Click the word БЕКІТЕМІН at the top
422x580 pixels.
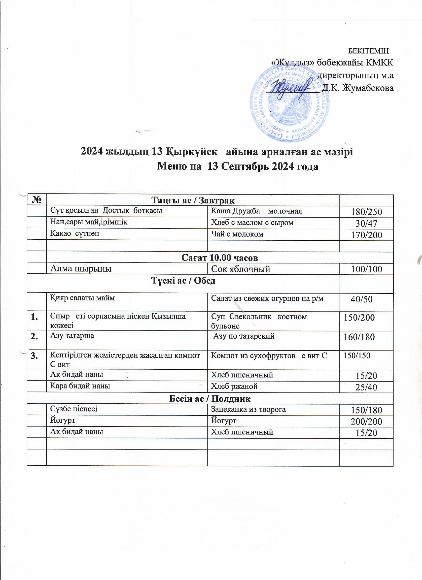(x=369, y=51)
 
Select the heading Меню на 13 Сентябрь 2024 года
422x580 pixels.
(x=238, y=166)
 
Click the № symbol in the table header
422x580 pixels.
(x=37, y=200)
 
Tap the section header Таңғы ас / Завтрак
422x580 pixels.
(x=193, y=200)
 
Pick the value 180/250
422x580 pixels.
(x=366, y=212)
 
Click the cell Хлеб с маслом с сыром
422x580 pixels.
(x=252, y=223)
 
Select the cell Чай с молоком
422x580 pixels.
(x=237, y=234)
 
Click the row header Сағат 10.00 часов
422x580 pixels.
(x=220, y=258)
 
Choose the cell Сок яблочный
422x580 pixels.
(x=241, y=269)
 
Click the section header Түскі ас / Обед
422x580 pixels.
(x=183, y=281)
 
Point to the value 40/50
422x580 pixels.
(x=361, y=299)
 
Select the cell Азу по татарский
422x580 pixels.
(x=244, y=336)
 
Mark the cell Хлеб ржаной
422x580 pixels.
(x=234, y=386)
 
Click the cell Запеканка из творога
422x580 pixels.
(x=248, y=409)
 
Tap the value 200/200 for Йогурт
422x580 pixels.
(x=366, y=421)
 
